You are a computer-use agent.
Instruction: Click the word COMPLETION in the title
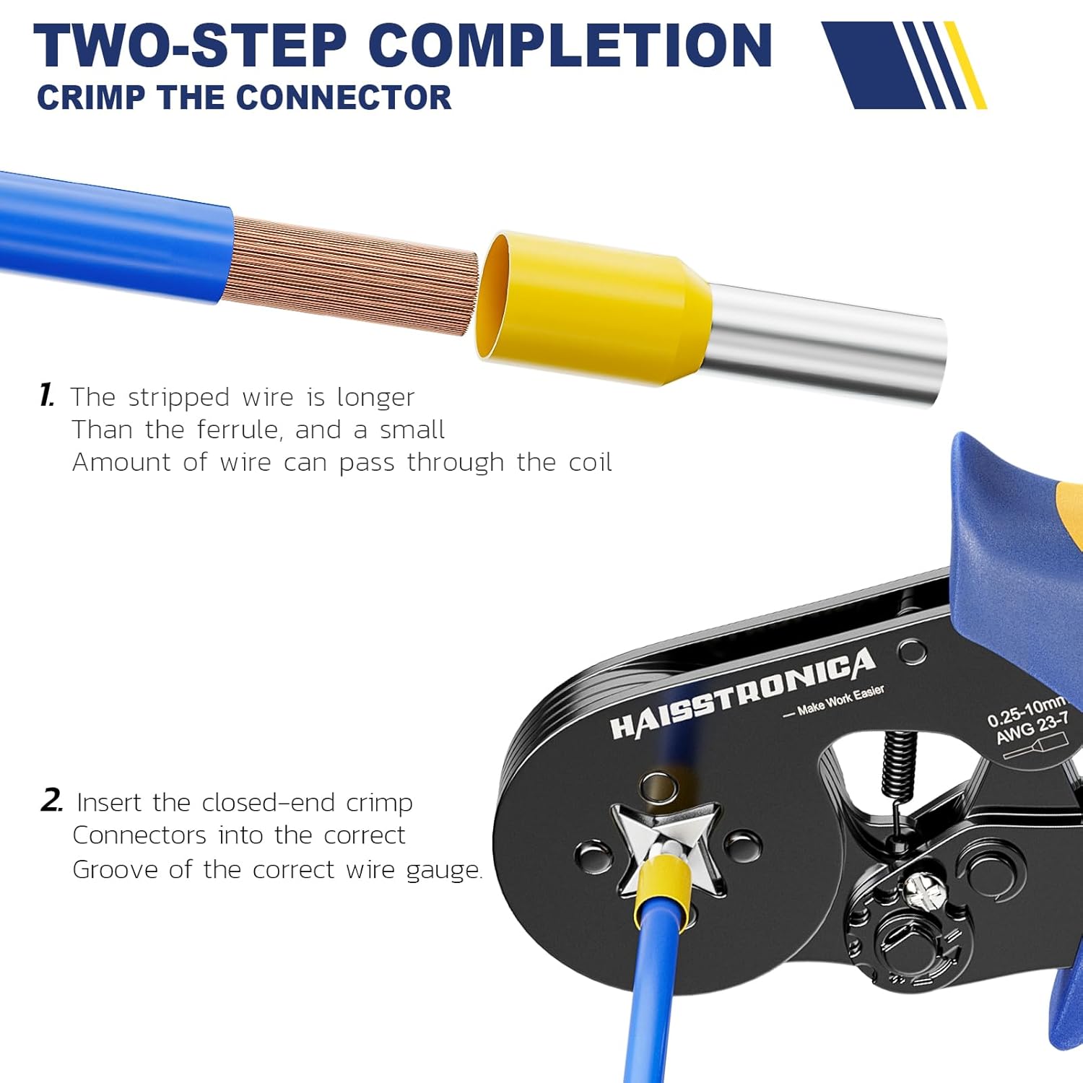570,45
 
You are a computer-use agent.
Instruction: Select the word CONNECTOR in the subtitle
345,97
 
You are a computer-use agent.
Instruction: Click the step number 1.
47,396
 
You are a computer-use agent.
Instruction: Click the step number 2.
51,801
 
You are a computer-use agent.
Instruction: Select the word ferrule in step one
238,430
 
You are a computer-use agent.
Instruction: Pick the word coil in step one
590,462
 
